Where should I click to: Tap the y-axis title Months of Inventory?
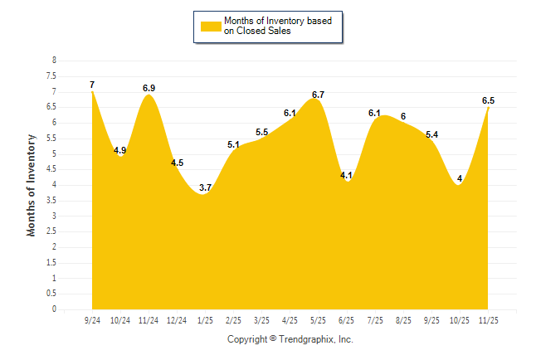click(32, 185)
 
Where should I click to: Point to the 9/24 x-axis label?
click(92, 320)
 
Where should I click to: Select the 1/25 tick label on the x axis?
click(205, 320)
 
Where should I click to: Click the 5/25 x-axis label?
click(318, 320)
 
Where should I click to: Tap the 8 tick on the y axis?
click(54, 61)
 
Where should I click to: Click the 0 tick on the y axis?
click(54, 309)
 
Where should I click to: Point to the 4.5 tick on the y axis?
click(52, 169)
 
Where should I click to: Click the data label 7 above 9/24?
click(92, 85)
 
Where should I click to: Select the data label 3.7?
click(205, 188)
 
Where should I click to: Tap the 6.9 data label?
click(149, 88)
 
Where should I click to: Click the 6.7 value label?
click(318, 95)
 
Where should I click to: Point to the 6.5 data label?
click(488, 100)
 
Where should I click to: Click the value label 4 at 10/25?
click(459, 178)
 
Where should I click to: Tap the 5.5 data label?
click(261, 132)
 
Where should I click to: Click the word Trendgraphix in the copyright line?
click(306, 339)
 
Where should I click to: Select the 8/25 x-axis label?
click(403, 320)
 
